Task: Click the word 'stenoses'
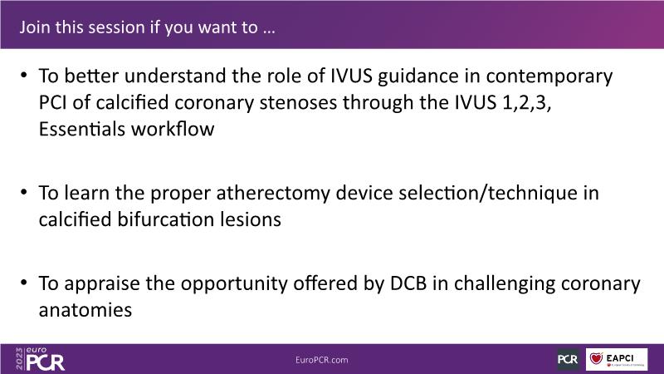298,102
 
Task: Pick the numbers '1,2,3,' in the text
526,103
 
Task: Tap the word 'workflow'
173,129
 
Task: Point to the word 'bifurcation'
165,219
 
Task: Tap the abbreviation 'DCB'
408,283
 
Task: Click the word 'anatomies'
85,310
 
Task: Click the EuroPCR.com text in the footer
322,360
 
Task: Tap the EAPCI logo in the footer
617,359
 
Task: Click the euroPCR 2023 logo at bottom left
40,359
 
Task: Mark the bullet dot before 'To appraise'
24,283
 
